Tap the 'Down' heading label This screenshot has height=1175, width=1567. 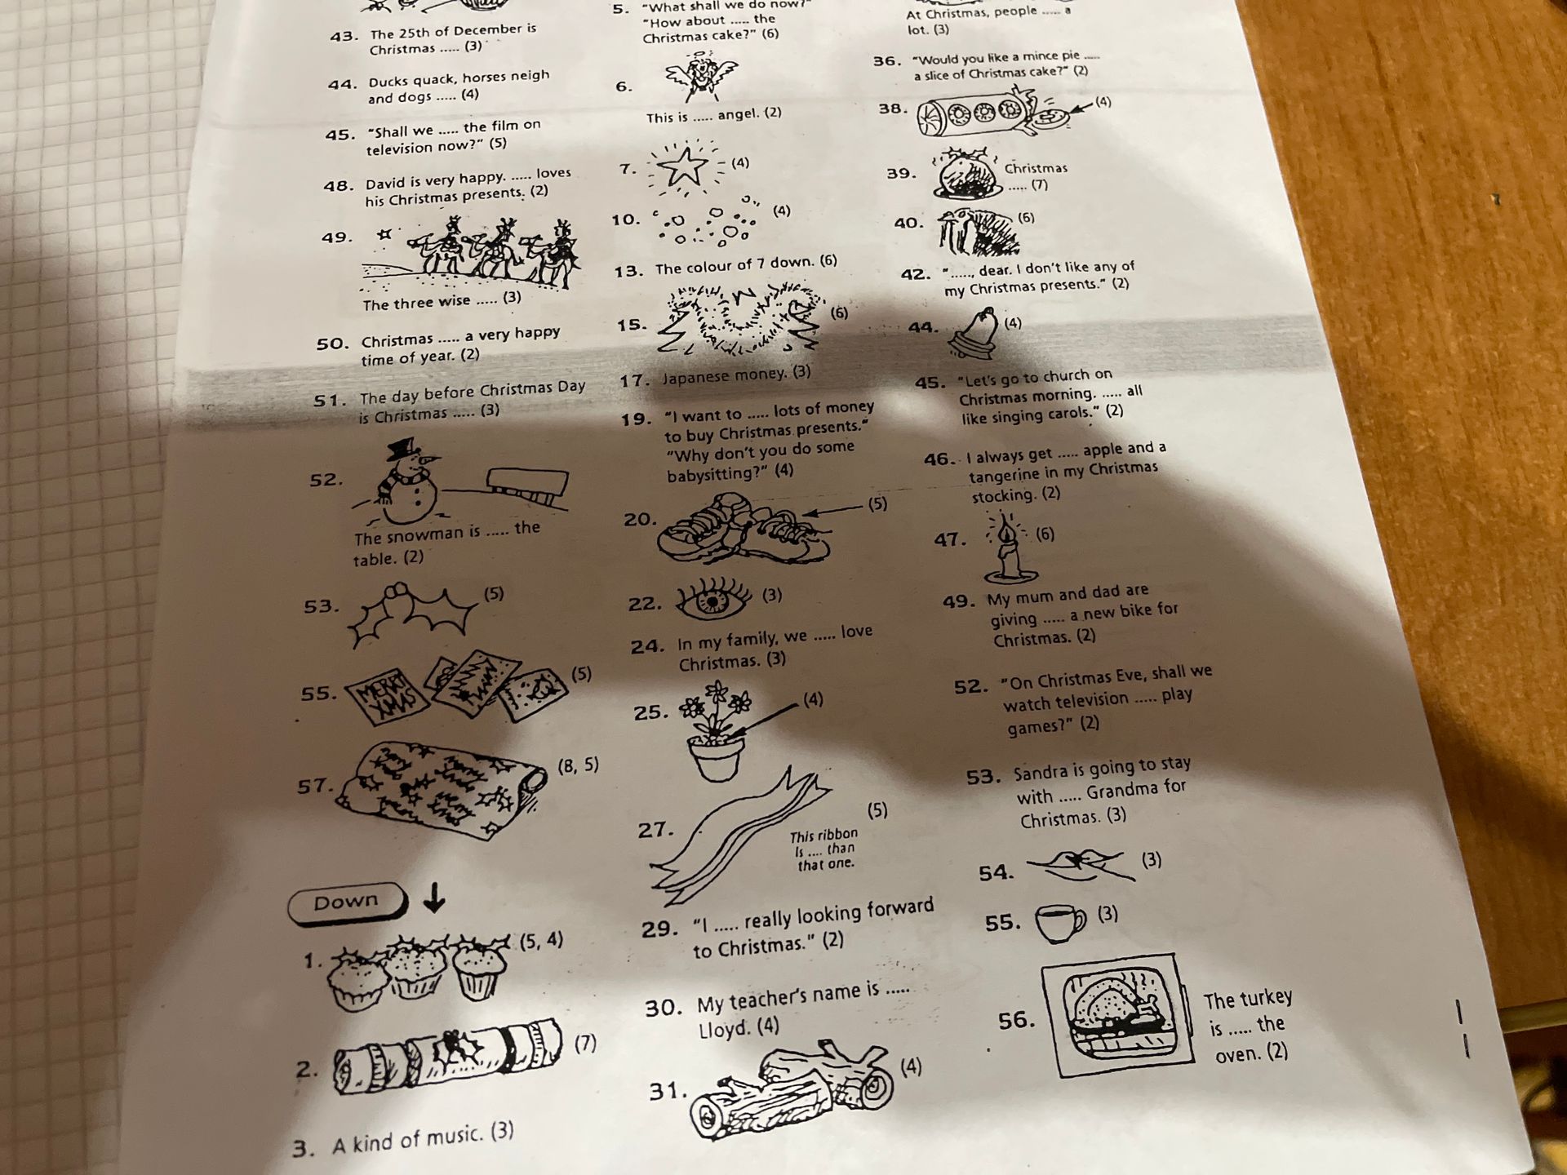(x=347, y=902)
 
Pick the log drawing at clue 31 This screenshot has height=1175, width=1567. (x=789, y=1089)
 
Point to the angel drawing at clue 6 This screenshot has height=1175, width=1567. (x=700, y=75)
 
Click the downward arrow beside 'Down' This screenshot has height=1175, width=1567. (x=435, y=896)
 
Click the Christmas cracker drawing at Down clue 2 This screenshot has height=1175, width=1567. (x=447, y=1056)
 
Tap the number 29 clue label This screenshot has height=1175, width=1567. (x=660, y=929)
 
